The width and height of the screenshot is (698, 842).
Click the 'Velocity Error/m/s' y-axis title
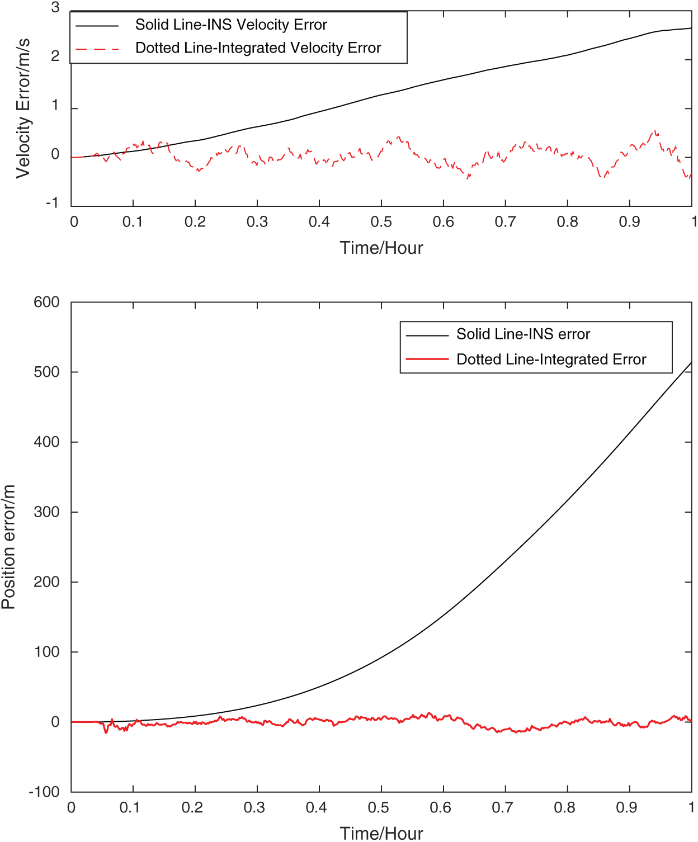click(x=23, y=108)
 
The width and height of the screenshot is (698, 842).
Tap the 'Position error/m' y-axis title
click(x=8, y=547)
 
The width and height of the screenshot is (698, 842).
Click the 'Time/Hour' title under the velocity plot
click(x=381, y=248)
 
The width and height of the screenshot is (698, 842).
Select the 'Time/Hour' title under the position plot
click(x=381, y=833)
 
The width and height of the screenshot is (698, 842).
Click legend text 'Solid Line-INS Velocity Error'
click(x=231, y=25)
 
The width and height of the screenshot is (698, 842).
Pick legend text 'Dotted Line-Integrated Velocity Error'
click(x=258, y=48)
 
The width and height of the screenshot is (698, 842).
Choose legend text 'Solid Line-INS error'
click(x=523, y=334)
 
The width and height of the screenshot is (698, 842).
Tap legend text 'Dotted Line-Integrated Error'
click(x=551, y=359)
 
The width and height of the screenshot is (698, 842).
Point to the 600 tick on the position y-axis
click(x=47, y=302)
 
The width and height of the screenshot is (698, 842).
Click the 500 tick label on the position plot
click(x=47, y=372)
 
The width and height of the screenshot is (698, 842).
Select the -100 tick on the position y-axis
click(x=44, y=792)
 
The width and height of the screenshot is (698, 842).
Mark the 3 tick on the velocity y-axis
click(x=55, y=8)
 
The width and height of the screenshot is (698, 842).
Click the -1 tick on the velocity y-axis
click(x=52, y=202)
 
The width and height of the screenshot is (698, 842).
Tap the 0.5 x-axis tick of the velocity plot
click(x=381, y=222)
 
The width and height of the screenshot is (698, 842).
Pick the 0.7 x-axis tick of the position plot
click(x=502, y=807)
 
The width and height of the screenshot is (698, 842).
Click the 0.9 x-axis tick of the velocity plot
click(x=629, y=222)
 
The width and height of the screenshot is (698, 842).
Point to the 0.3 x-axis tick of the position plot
click(x=254, y=807)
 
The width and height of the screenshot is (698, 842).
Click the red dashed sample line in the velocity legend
click(x=97, y=49)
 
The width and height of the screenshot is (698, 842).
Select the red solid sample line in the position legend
click(x=427, y=358)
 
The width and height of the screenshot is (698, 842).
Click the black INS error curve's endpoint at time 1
click(x=691, y=363)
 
